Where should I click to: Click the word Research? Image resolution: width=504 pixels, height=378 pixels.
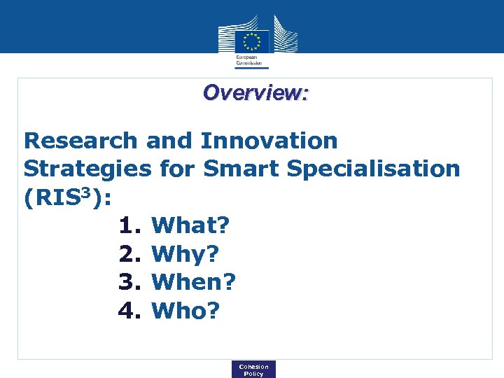80,141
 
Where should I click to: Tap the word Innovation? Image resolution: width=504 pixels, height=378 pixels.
269,141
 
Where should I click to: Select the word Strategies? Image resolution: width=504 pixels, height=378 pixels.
87,169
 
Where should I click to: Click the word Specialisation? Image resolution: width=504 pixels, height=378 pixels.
374,169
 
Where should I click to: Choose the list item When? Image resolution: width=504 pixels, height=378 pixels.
194,282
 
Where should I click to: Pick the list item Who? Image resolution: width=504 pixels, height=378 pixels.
185,310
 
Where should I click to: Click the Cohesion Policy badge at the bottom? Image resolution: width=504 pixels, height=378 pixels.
253,370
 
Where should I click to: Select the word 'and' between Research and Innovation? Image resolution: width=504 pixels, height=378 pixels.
169,141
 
